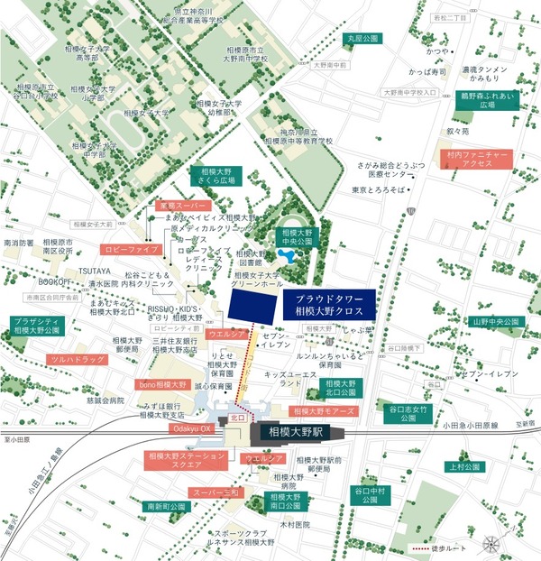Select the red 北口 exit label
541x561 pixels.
tap(238, 418)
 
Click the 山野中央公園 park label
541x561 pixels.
tap(496, 320)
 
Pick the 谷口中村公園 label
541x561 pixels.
tap(370, 496)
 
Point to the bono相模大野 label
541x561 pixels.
tap(163, 384)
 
